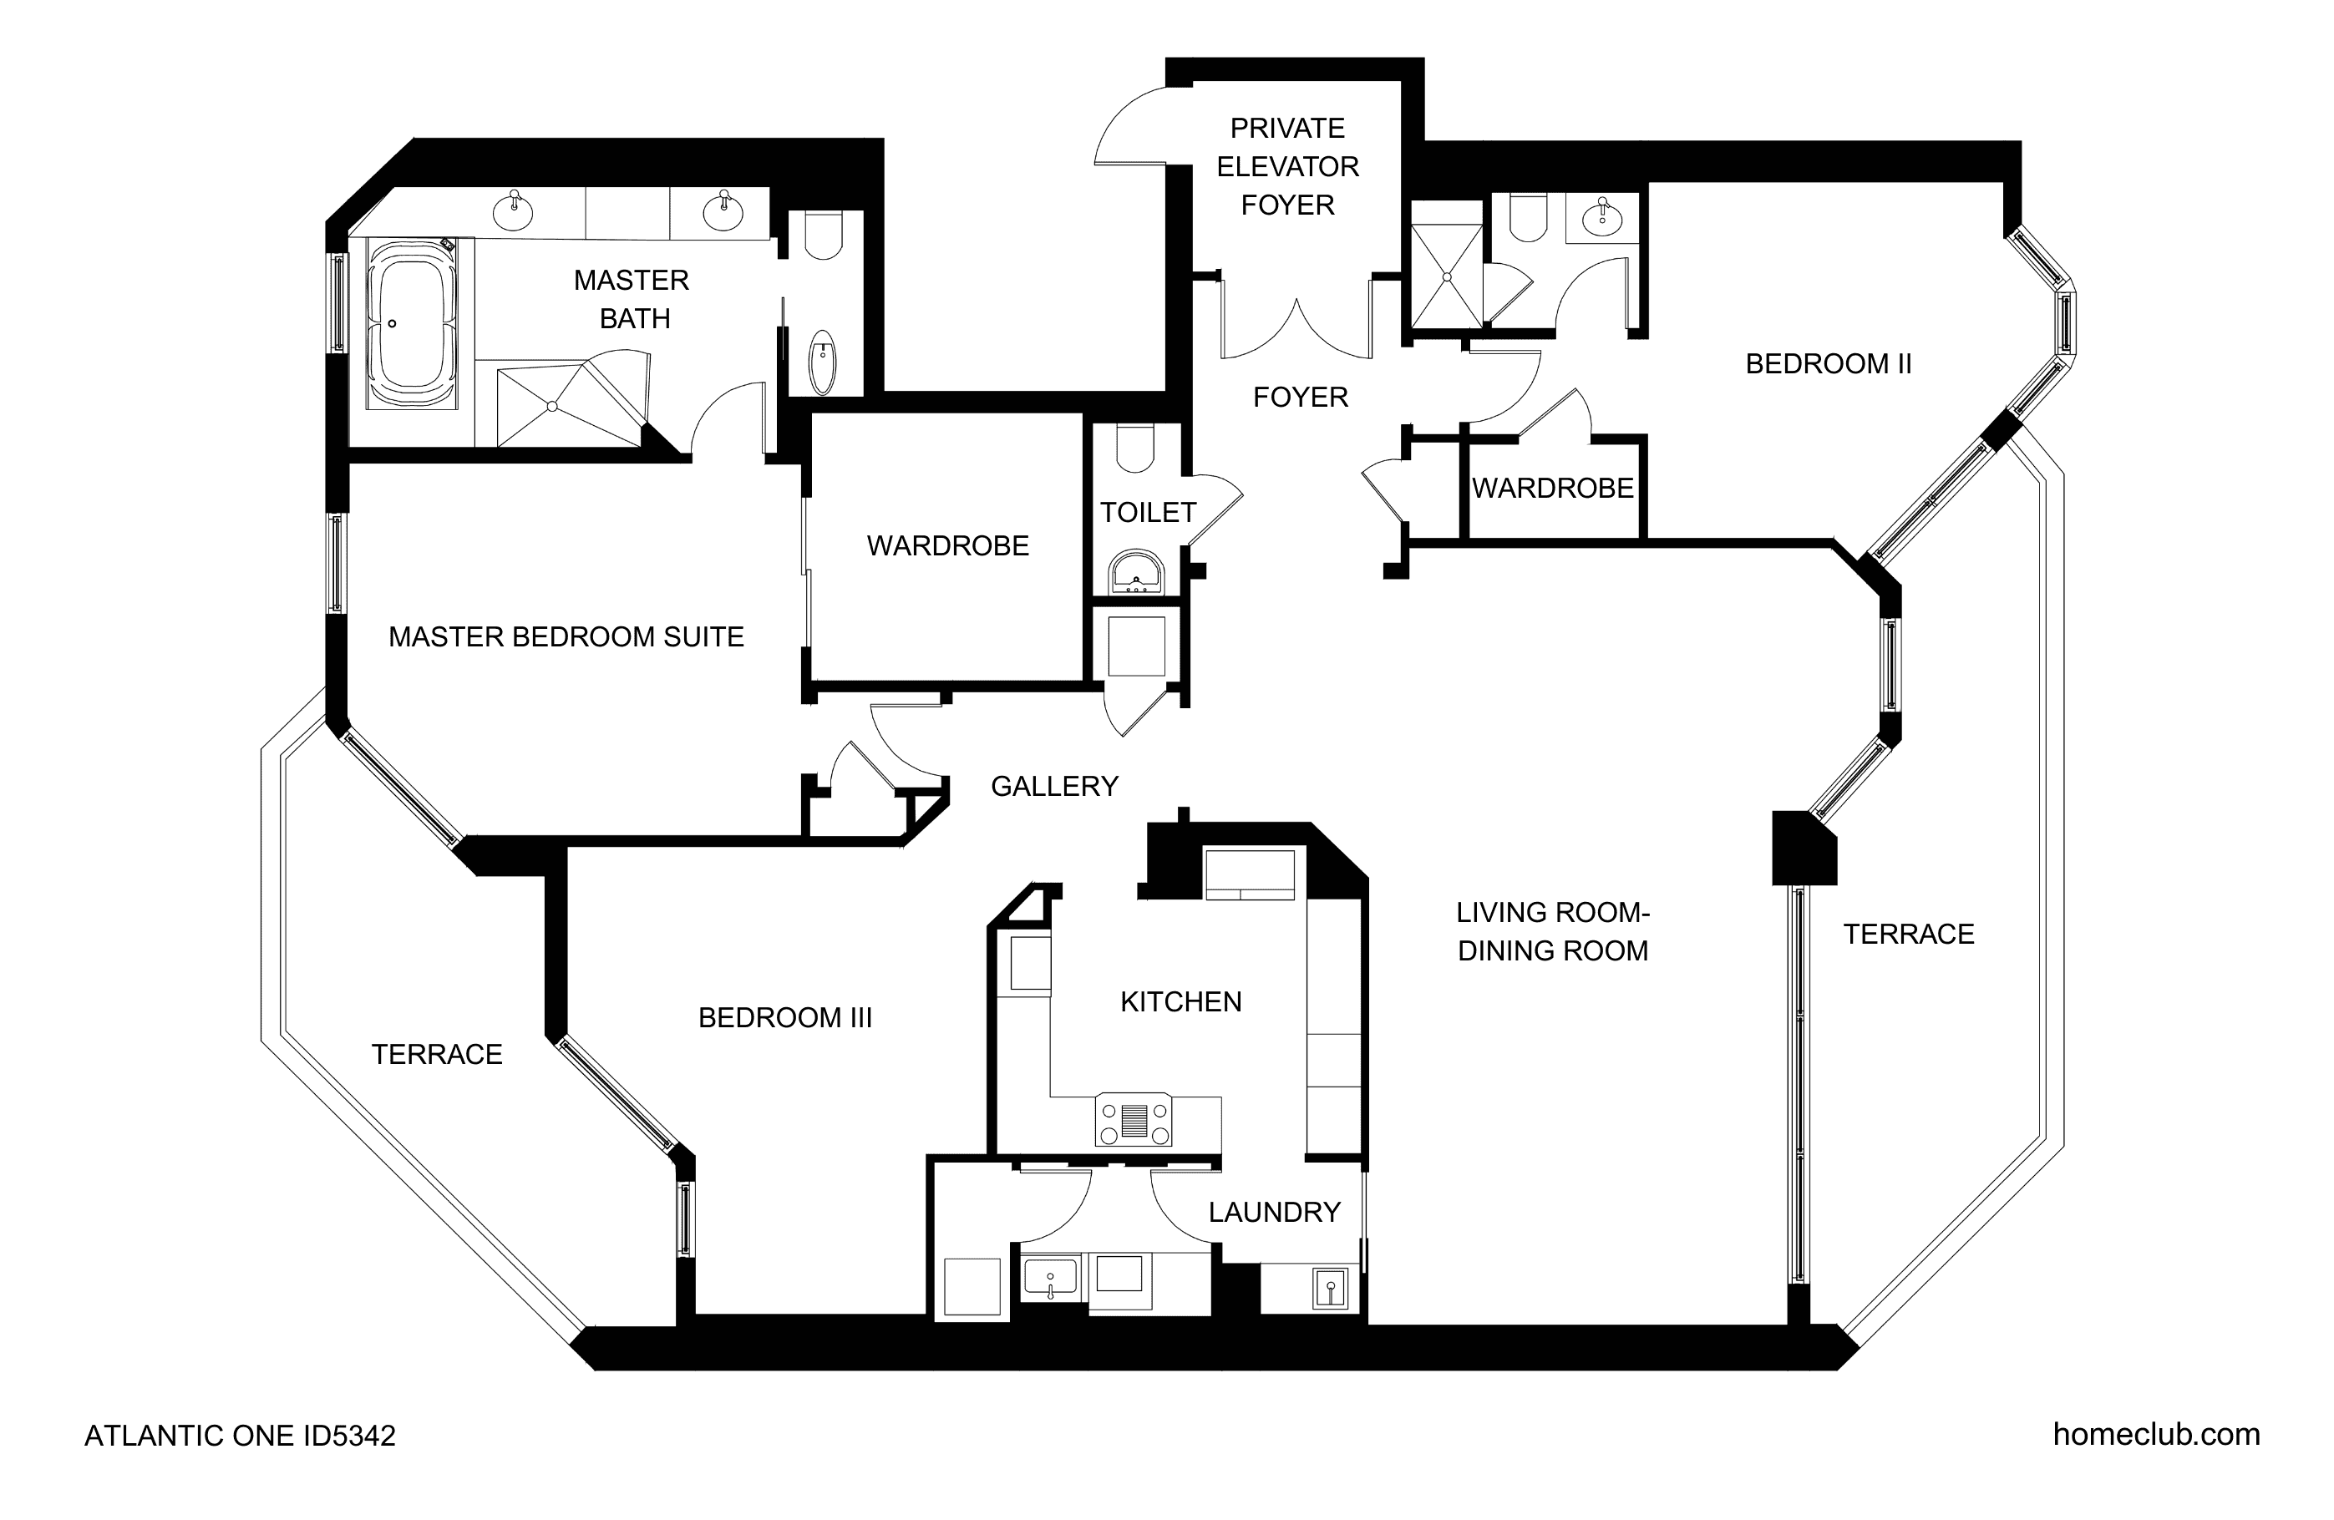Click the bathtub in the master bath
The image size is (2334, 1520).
[x=412, y=322]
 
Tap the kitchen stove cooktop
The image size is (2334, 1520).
[x=1134, y=1119]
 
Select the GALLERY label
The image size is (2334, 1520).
[x=1054, y=787]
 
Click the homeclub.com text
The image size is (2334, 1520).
[x=2157, y=1435]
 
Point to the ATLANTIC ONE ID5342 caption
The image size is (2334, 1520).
[x=241, y=1436]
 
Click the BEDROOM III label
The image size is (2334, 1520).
[x=784, y=1018]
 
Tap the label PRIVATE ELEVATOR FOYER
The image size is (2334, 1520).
[x=1287, y=167]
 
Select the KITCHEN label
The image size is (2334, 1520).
[x=1180, y=1001]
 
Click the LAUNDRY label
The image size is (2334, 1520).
[x=1274, y=1212]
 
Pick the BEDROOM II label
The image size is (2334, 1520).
[x=1828, y=364]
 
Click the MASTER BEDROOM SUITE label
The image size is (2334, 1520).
[x=566, y=636]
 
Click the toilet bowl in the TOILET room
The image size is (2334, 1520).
[x=1135, y=448]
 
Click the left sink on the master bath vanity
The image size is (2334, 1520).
[x=513, y=210]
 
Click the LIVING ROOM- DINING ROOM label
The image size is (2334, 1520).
[x=1552, y=931]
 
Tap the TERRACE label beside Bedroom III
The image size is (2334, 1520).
[x=436, y=1054]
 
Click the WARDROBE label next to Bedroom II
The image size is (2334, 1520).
[x=1552, y=489]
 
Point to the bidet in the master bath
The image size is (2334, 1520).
[x=822, y=362]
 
